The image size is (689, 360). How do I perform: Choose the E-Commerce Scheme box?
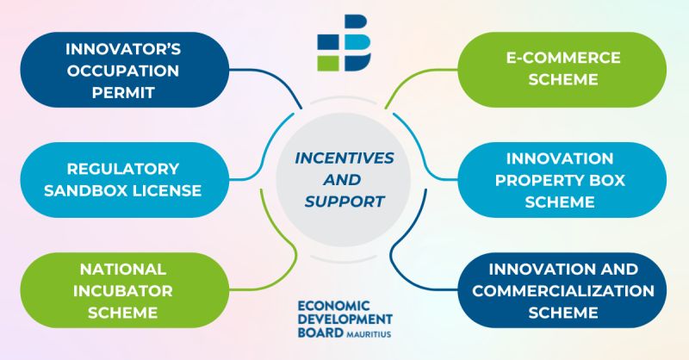[x=563, y=70]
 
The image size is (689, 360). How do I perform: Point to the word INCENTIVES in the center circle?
[x=344, y=159]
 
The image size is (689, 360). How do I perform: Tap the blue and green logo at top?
[x=344, y=43]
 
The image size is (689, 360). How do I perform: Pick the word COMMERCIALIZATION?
[x=563, y=290]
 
